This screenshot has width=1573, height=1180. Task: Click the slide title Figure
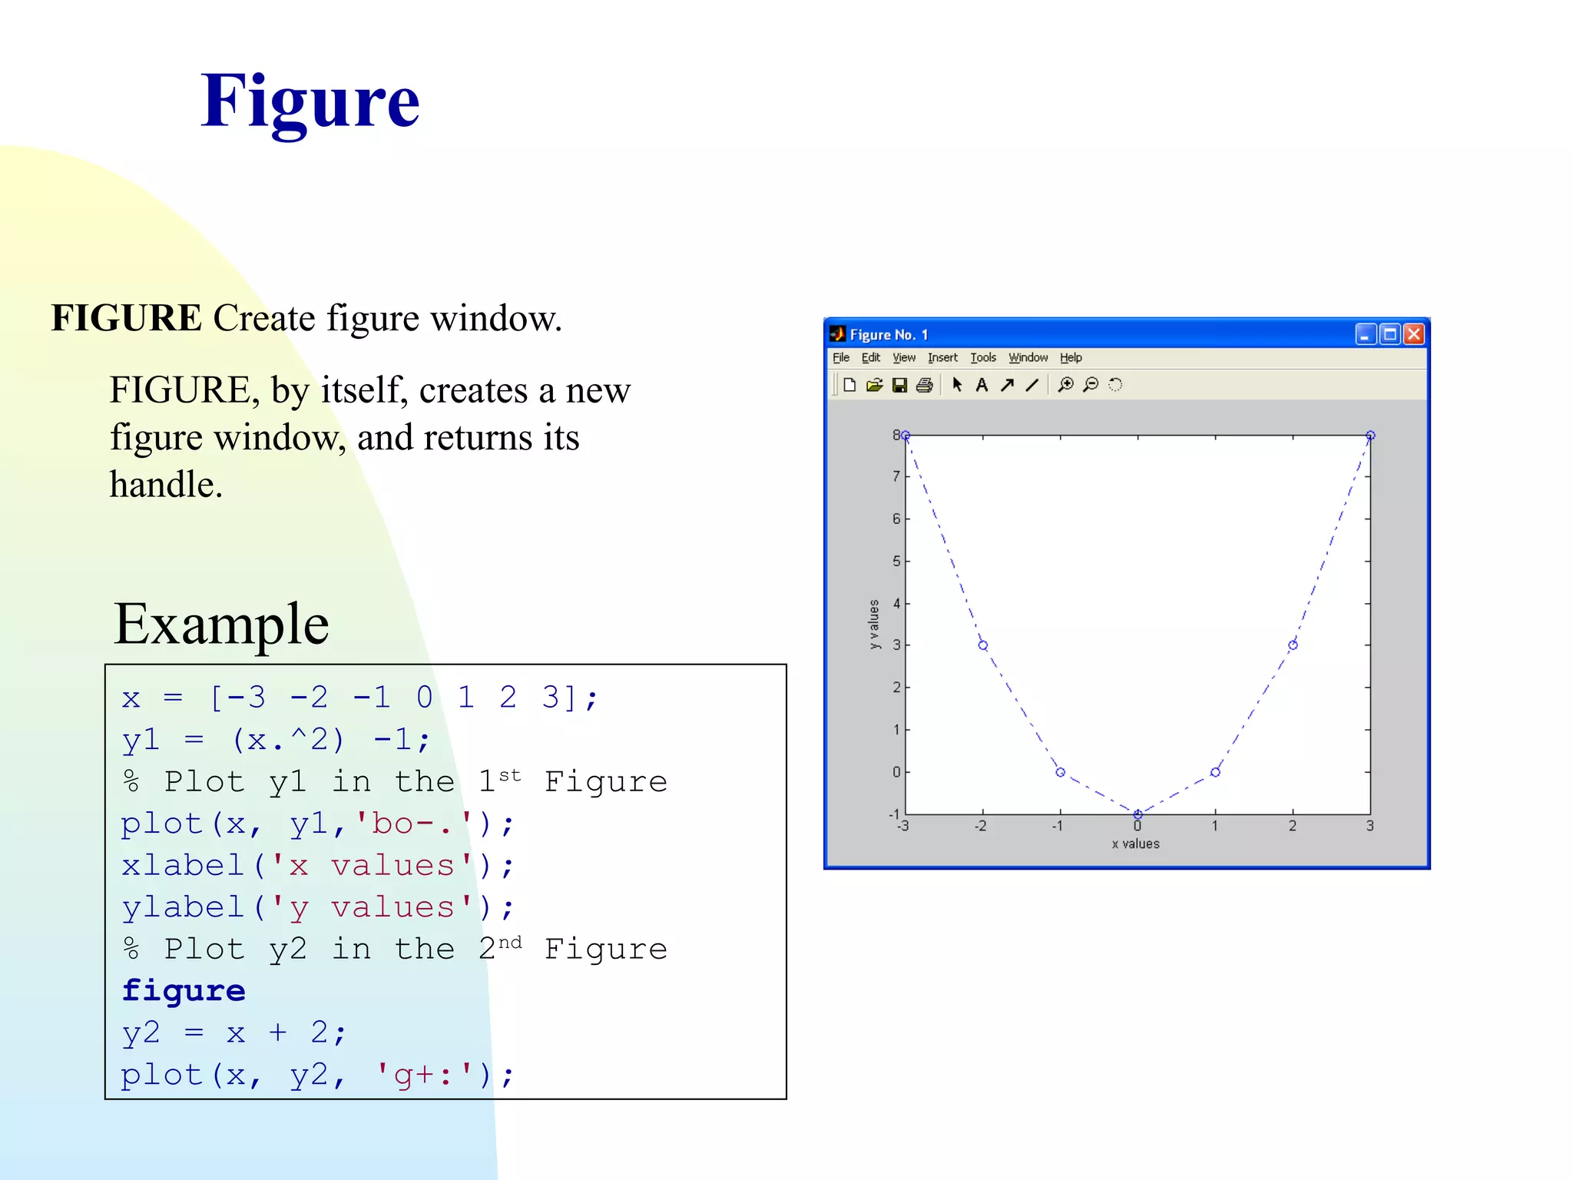[x=310, y=102]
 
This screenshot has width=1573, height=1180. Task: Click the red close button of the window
[x=1413, y=334]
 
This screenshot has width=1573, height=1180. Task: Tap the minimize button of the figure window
[x=1365, y=334]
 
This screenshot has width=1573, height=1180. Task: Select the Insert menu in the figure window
[x=942, y=358]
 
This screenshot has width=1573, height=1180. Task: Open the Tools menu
[x=982, y=358]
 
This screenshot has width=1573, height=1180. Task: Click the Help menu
[x=1071, y=358]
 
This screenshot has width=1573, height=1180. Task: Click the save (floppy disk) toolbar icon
[x=899, y=385]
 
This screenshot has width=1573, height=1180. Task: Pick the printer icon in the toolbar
[x=925, y=385]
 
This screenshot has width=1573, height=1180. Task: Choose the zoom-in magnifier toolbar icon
[x=1065, y=385]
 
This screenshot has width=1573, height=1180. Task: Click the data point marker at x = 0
[x=1138, y=814]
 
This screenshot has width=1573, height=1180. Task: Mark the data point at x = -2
[x=983, y=645]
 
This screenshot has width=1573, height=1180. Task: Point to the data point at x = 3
[x=1370, y=436]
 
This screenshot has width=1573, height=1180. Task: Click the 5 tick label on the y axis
[x=896, y=562]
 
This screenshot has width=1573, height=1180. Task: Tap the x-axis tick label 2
[x=1293, y=827]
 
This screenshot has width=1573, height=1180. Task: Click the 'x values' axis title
[x=1136, y=844]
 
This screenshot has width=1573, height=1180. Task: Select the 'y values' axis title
[x=874, y=624]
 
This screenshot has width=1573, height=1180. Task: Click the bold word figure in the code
[x=184, y=991]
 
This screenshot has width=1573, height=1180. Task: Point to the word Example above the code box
[x=221, y=625]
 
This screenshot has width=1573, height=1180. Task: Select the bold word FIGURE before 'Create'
[x=126, y=318]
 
